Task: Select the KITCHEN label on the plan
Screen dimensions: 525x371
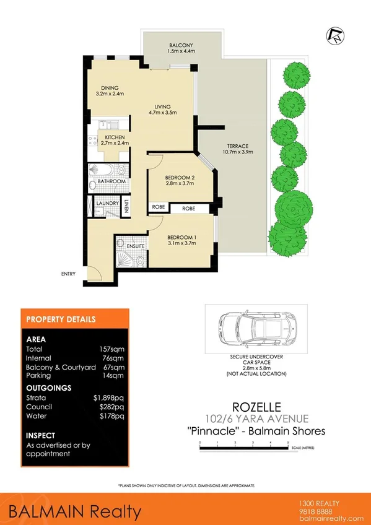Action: tap(115, 137)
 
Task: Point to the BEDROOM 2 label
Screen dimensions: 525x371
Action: tap(180, 178)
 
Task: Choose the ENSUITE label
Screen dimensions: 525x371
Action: tap(136, 246)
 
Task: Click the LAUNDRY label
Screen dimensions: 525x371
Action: tap(108, 202)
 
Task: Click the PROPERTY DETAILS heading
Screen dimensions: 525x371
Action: tap(60, 320)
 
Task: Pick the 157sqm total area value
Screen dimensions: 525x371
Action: tap(111, 349)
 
